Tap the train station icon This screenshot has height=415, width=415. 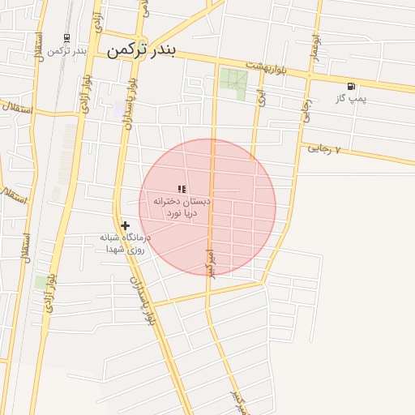point(66,37)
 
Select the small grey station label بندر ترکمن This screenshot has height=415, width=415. point(66,51)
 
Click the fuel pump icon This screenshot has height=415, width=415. point(351,86)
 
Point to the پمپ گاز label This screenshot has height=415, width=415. point(352,99)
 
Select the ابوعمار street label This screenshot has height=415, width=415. point(314,37)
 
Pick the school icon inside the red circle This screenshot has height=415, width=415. point(182,189)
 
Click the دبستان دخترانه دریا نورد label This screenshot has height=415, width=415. point(188,206)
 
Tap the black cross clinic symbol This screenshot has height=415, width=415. point(125,226)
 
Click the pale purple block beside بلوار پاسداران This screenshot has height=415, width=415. point(120,109)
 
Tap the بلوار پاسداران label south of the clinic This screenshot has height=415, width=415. point(148,300)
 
